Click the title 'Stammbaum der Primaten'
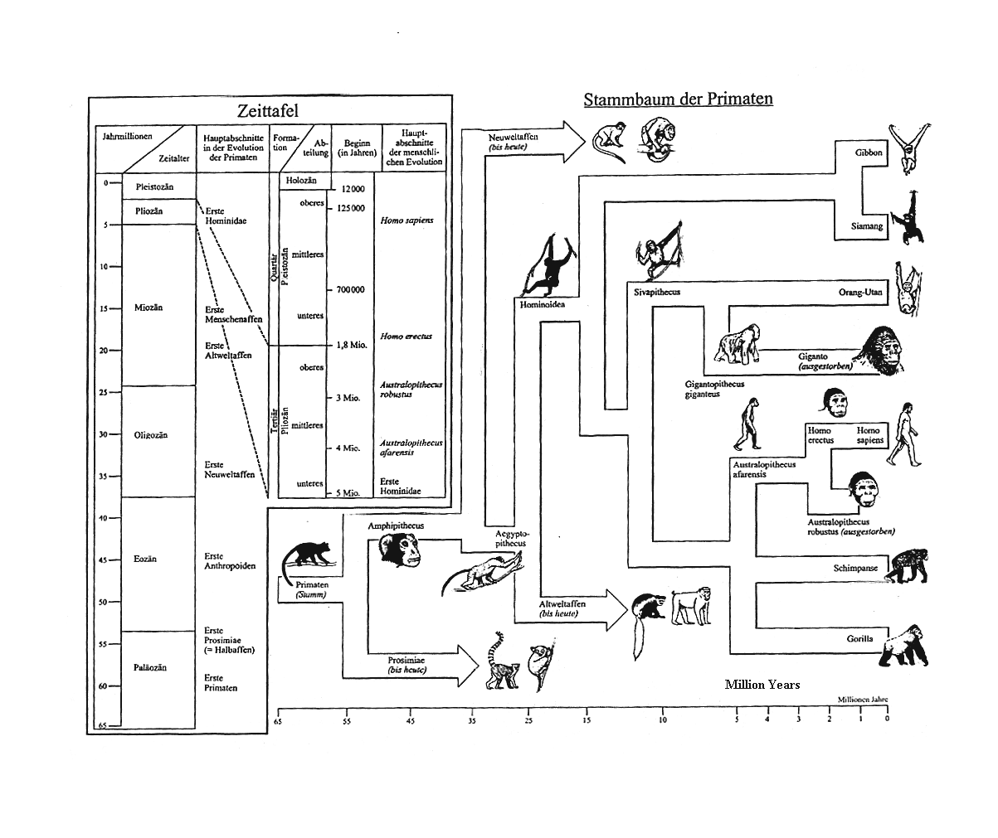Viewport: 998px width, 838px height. coord(678,99)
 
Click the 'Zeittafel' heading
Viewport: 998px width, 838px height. coord(267,110)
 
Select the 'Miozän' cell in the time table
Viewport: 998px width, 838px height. coord(148,308)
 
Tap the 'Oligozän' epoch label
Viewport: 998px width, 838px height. coord(151,435)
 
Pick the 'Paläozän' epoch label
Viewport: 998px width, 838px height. coord(150,667)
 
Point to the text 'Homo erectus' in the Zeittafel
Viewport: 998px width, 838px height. coord(407,337)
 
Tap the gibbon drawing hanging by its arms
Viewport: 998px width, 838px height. coord(906,147)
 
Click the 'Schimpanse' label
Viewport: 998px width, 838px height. coord(855,568)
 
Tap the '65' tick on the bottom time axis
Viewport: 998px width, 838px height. coord(278,721)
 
